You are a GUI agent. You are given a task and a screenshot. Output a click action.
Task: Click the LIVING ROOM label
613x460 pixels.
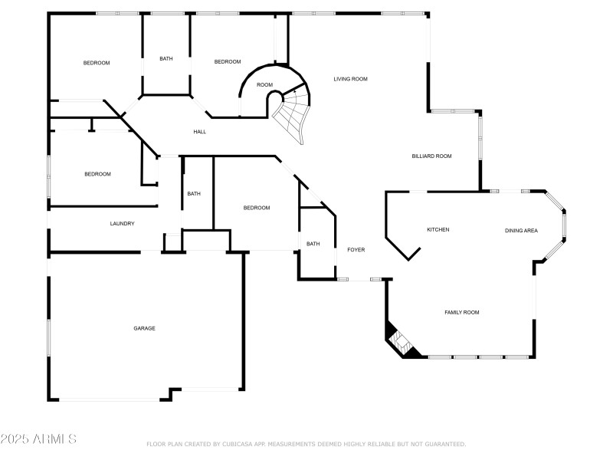coord(350,79)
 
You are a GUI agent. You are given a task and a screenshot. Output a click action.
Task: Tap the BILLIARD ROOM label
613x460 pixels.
coord(431,156)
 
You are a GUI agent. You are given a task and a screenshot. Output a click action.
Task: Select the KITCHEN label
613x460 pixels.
coord(438,230)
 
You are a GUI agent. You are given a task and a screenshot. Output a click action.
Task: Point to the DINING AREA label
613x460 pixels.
coord(521,231)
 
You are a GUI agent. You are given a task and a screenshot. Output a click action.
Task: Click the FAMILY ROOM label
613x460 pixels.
coord(462,312)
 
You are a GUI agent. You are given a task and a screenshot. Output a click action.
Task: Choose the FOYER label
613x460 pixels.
coord(356,250)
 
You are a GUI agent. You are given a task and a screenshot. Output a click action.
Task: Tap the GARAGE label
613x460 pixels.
coord(145,328)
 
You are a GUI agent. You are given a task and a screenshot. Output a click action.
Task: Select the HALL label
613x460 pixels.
coord(199,132)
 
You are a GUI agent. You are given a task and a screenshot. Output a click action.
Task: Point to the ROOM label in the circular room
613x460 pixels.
coord(264,85)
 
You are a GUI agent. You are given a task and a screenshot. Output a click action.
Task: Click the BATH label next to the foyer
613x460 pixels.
coord(313,244)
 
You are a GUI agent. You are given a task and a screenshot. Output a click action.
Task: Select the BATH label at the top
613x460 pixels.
coord(166,59)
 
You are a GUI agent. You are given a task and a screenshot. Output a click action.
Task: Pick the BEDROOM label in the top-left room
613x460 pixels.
coord(97,63)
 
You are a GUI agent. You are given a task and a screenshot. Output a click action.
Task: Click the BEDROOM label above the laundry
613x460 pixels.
coord(97,174)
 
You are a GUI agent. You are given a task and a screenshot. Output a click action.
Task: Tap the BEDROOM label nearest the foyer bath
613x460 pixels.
coord(257,208)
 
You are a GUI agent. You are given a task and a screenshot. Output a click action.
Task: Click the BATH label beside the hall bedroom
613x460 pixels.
coord(194,193)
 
